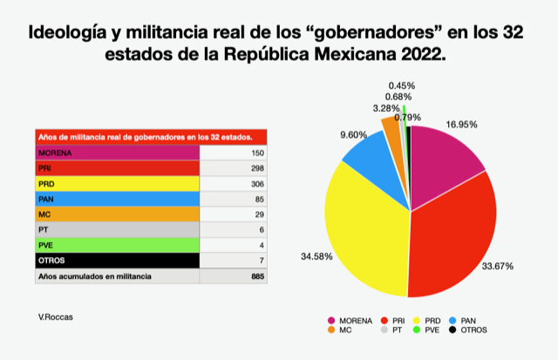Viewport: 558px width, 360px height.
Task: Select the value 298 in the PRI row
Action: pos(255,167)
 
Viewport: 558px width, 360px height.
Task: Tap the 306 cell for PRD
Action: pos(255,183)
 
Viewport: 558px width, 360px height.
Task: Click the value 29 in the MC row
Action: pos(256,214)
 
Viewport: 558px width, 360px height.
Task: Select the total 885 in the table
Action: pos(255,276)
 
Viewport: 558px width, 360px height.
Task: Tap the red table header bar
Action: pos(149,136)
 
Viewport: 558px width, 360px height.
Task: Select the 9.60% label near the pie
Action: pos(328,135)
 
